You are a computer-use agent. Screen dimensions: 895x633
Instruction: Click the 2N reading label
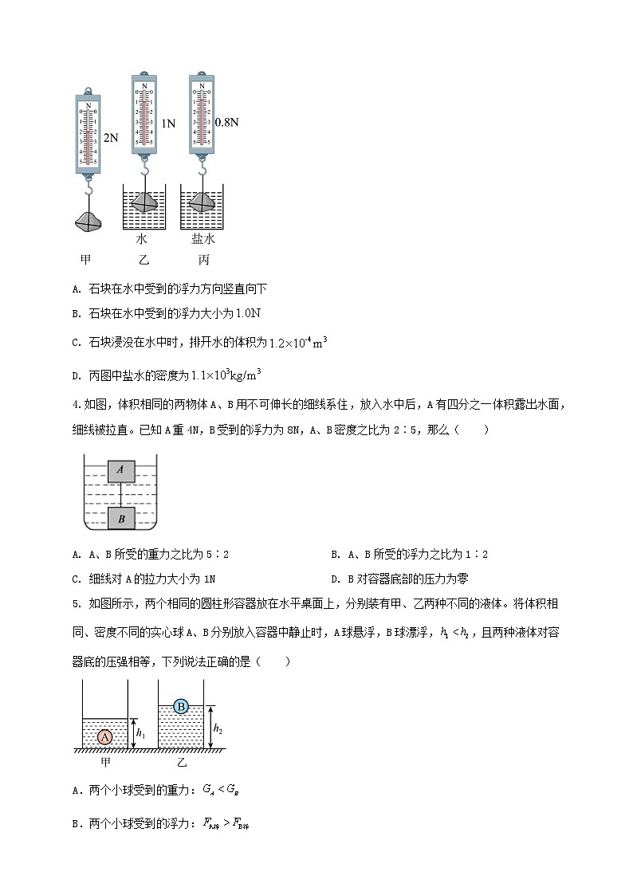111,138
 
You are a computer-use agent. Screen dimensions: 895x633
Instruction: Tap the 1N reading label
167,124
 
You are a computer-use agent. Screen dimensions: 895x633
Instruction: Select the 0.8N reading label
227,123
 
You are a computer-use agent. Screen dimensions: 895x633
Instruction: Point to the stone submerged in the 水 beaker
144,202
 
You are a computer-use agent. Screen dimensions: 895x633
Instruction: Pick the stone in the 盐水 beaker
202,202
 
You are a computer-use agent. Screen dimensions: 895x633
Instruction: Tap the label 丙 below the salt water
202,260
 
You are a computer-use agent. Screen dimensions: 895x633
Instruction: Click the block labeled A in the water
120,470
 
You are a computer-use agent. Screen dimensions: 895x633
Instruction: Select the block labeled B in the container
121,518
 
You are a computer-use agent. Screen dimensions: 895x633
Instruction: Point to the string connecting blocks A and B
120,494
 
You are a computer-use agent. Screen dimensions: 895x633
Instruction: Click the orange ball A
104,737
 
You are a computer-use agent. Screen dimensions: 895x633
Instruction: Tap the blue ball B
181,706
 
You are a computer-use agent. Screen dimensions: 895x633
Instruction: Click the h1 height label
140,732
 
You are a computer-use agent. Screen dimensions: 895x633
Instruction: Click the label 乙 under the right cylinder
182,763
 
